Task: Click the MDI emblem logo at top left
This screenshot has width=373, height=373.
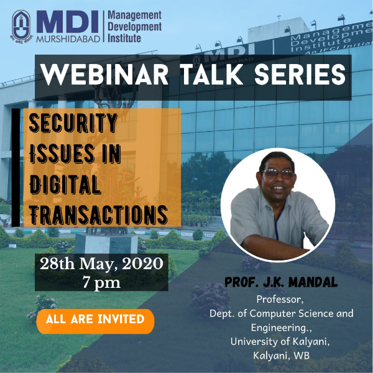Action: click(21, 25)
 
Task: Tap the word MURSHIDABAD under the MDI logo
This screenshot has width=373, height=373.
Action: click(68, 39)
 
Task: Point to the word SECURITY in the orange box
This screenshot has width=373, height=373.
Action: click(73, 123)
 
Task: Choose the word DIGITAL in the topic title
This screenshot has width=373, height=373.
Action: click(65, 185)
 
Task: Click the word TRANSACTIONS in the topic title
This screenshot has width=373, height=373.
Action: click(98, 214)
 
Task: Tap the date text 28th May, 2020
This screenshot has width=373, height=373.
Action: click(101, 264)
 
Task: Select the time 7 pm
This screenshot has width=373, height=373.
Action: click(101, 282)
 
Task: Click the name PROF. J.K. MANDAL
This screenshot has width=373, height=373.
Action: click(281, 282)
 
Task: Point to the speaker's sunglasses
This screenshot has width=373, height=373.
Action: click(278, 173)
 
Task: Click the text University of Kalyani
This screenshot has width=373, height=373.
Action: click(280, 341)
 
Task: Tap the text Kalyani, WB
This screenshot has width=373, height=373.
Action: click(282, 356)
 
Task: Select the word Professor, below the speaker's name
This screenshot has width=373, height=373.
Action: click(280, 300)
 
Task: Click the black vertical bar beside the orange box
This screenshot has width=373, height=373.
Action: click(16, 168)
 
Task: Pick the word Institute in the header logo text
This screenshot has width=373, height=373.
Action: click(124, 39)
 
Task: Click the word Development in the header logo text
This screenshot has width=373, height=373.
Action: click(135, 27)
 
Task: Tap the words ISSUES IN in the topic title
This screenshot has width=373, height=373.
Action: click(75, 154)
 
